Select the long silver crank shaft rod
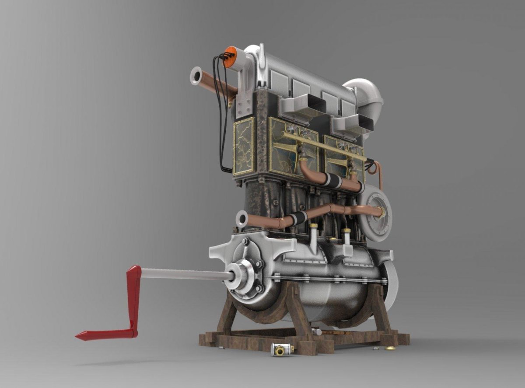click(x=184, y=274)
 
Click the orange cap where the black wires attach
click(x=230, y=57)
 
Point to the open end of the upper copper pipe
click(x=196, y=75)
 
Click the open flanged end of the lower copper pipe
click(x=241, y=219)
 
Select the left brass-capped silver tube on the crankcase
click(x=313, y=238)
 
